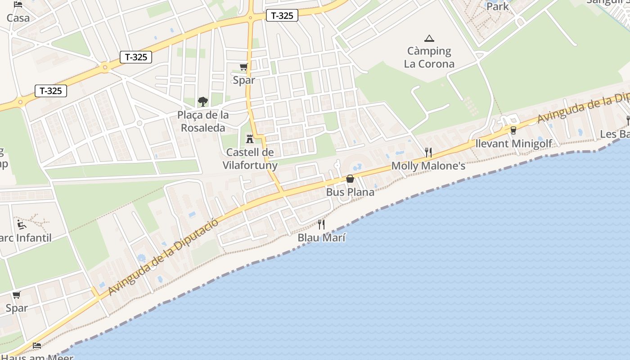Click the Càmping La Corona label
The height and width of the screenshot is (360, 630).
tap(429, 57)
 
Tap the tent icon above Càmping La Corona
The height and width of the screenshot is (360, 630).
tap(429, 39)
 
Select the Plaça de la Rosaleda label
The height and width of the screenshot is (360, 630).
tap(203, 121)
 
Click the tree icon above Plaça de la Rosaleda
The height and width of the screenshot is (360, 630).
tap(203, 101)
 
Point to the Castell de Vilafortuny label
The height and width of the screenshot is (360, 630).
tap(250, 158)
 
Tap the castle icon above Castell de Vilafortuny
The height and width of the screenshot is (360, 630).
tap(250, 139)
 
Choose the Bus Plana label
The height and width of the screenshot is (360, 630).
tap(350, 192)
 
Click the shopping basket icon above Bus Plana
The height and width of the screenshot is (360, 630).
tap(350, 179)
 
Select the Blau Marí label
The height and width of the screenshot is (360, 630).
tap(321, 238)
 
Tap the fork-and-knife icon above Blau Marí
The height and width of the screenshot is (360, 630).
tap(321, 224)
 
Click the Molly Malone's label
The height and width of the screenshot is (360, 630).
tap(428, 166)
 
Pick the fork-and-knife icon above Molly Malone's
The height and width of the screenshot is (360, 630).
tap(428, 153)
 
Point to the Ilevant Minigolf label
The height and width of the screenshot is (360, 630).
tap(513, 144)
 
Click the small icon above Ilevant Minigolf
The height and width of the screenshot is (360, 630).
tap(513, 130)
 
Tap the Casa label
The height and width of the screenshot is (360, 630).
tap(18, 18)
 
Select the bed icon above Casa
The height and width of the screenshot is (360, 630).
tap(18, 4)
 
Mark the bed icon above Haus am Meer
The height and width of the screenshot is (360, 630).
tap(37, 346)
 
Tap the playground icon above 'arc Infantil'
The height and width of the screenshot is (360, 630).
tap(21, 224)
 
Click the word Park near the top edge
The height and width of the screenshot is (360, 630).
tap(498, 6)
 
